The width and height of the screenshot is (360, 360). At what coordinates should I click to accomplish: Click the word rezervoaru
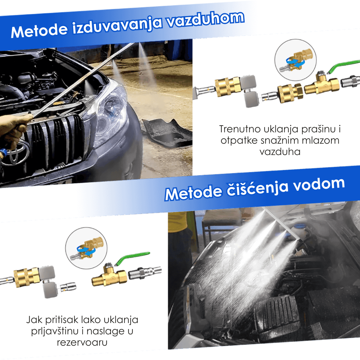82,342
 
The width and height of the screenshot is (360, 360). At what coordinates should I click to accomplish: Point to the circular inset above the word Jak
86,247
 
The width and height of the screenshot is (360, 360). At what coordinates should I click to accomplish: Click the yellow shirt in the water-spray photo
178,222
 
